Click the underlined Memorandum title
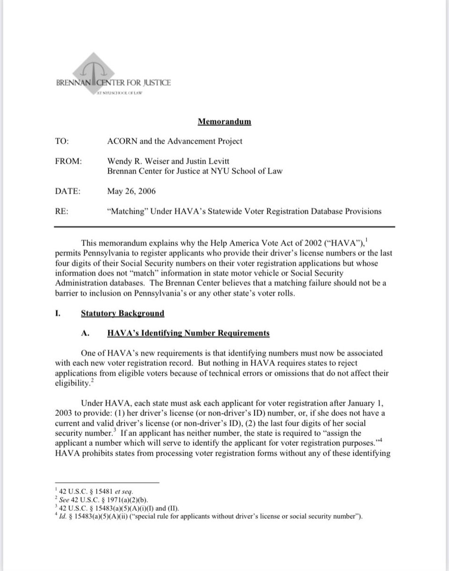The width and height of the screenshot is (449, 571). click(x=224, y=121)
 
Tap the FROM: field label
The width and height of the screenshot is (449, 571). click(x=69, y=162)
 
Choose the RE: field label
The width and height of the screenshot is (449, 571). click(x=61, y=211)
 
